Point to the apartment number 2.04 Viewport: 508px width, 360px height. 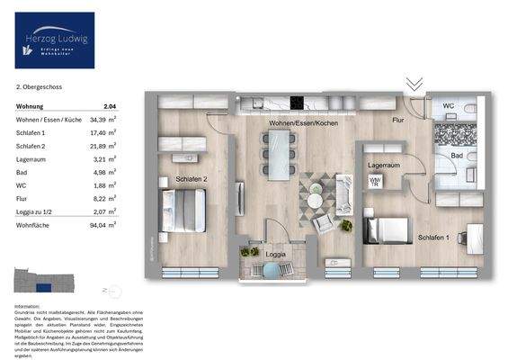(110, 106)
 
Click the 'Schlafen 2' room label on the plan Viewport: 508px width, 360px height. (193, 178)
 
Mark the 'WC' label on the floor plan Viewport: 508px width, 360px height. (448, 106)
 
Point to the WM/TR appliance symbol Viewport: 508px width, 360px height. (375, 182)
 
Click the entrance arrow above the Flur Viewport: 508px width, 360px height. (414, 84)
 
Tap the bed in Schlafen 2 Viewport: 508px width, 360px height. (185, 211)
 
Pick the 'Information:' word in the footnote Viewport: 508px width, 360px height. (28, 307)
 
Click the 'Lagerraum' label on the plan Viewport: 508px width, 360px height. (383, 166)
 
